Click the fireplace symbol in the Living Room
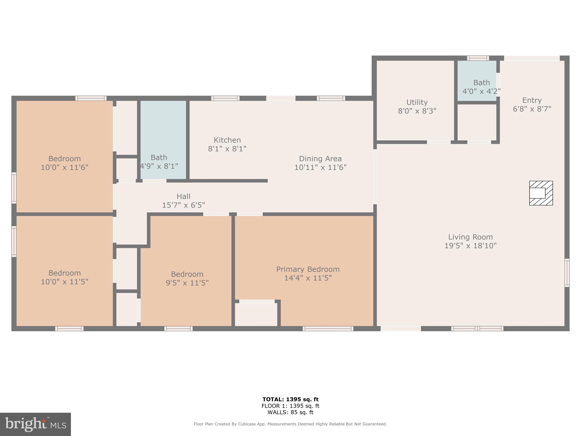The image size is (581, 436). [541, 193]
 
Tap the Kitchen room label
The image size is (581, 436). [227, 140]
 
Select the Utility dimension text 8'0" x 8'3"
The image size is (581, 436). [417, 111]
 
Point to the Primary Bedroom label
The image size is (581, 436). [308, 269]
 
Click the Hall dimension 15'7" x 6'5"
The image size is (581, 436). [184, 205]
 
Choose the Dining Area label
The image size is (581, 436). [320, 159]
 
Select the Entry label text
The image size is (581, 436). [532, 100]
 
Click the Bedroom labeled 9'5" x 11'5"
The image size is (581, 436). [187, 278]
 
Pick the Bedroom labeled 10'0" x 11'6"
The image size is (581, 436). [65, 163]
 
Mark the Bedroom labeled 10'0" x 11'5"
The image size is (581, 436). [65, 277]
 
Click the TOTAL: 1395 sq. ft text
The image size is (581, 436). [290, 399]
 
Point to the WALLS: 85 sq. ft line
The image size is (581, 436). [290, 412]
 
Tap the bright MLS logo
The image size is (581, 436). [35, 424]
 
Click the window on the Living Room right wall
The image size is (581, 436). [567, 272]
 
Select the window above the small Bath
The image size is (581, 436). [478, 58]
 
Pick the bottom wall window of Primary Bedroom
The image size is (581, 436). [328, 329]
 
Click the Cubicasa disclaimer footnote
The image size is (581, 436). [290, 424]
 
